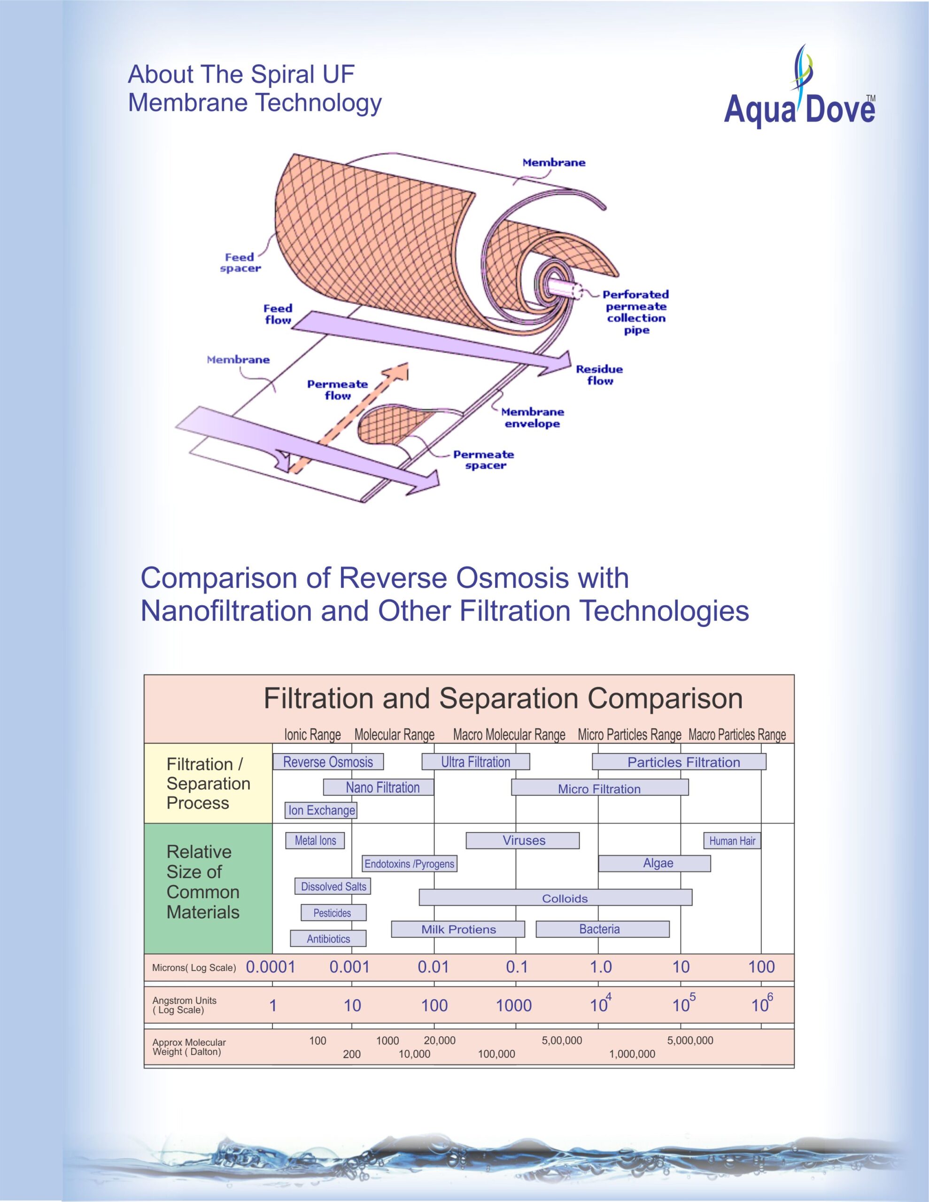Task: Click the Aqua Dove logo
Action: click(799, 88)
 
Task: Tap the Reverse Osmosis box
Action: click(328, 762)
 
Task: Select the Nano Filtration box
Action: click(379, 787)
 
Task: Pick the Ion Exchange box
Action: click(321, 810)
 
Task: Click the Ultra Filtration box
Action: click(476, 762)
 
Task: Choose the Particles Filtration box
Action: click(679, 762)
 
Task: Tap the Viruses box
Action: click(523, 840)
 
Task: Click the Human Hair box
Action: click(732, 840)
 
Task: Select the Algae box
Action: click(654, 863)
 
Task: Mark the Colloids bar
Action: click(555, 899)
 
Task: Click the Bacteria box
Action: click(603, 929)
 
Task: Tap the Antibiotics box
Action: click(328, 939)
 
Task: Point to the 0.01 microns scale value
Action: click(434, 966)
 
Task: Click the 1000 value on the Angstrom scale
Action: click(514, 1006)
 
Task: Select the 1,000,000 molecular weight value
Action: click(632, 1054)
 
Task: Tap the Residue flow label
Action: click(599, 375)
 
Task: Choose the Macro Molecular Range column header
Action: click(509, 735)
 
